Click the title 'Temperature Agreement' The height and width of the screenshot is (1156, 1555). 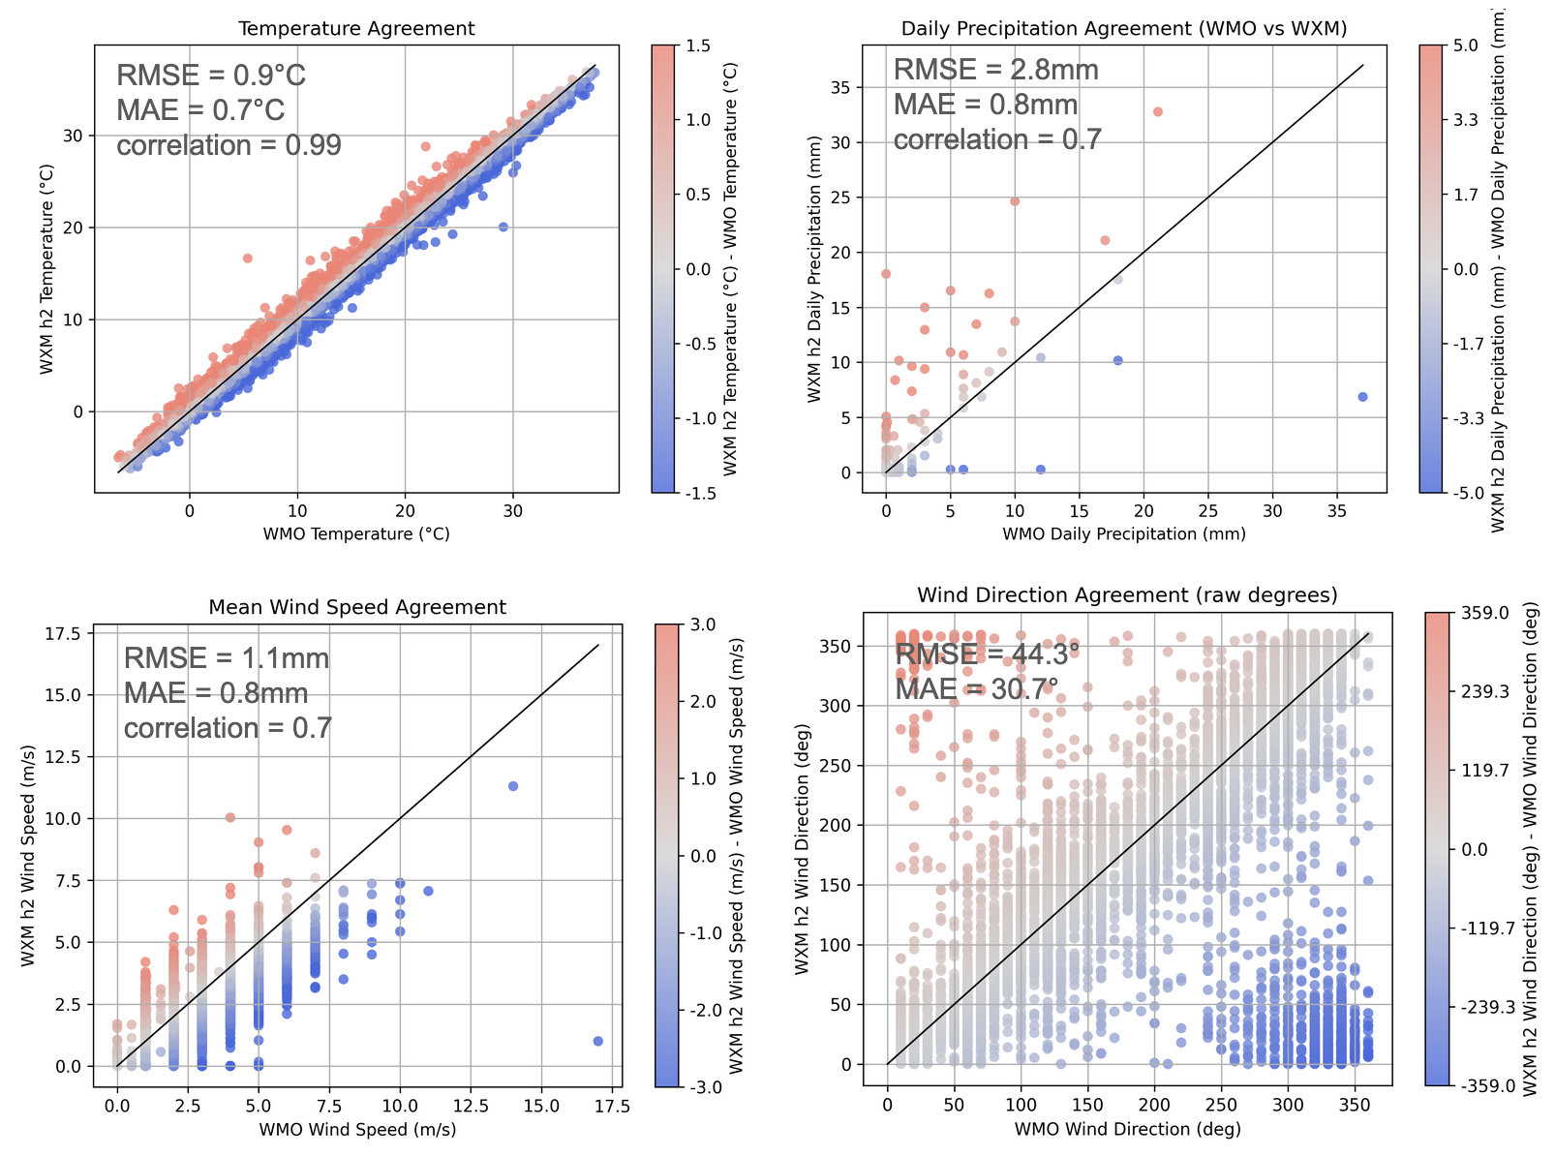pos(356,29)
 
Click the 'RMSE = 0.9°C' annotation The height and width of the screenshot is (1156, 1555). pos(211,76)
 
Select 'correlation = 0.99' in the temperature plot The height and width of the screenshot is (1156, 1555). pos(229,145)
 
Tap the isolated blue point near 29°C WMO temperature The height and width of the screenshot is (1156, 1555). pos(503,227)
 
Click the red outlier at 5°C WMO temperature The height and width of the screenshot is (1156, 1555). pos(247,259)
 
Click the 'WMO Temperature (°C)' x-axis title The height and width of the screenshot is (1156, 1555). pos(356,533)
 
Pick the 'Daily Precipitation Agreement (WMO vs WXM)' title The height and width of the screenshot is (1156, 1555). pos(1124,29)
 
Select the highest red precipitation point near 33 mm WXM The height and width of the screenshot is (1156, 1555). pos(1157,112)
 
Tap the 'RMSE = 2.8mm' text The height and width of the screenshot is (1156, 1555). pos(995,70)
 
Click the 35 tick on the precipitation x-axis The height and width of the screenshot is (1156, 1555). pos(1337,510)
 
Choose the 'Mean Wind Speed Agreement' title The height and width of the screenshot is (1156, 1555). pos(357,608)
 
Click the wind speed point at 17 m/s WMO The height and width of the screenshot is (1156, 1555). pos(597,1041)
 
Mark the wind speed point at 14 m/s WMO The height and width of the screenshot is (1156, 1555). pos(513,786)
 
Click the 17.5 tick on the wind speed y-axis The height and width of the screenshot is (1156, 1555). pos(67,633)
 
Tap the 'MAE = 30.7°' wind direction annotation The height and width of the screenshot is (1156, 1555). pos(976,689)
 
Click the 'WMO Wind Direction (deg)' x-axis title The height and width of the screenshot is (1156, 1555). pos(1127,1129)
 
